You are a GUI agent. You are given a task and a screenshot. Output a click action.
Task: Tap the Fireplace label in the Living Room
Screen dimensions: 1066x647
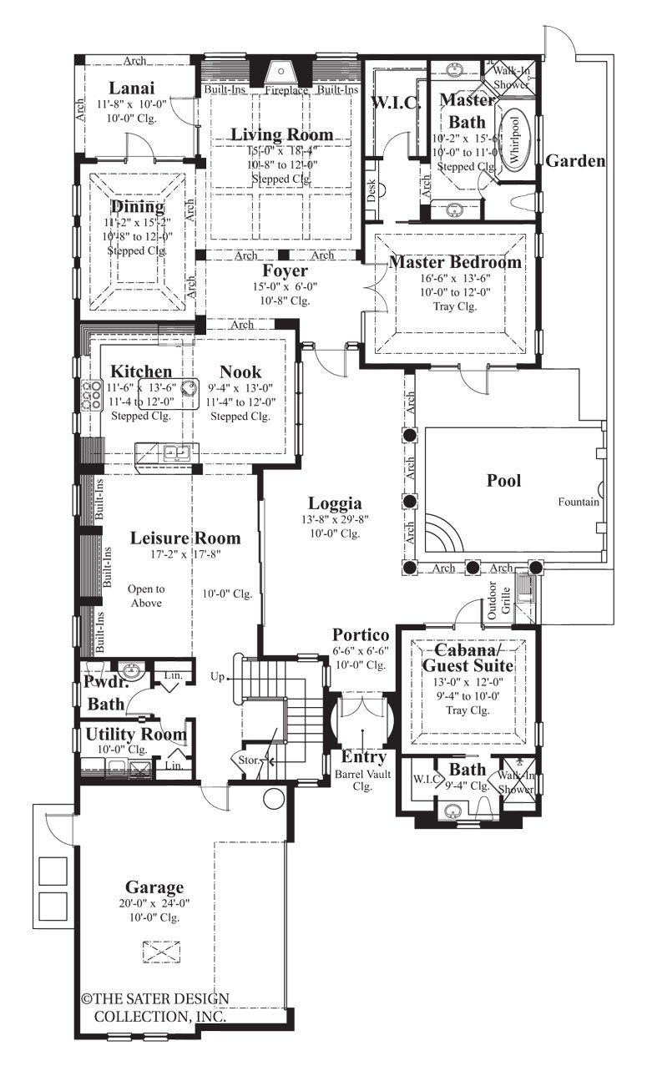[286, 90]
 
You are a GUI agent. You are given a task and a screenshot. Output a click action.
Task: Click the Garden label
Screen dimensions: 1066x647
[575, 161]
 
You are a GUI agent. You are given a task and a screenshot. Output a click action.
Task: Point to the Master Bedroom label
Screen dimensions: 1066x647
[455, 262]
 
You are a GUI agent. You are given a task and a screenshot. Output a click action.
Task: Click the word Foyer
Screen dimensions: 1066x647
[285, 271]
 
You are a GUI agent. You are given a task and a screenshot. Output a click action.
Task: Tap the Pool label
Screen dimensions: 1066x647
[503, 481]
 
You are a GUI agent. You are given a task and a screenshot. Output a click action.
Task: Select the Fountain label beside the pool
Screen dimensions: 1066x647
[579, 503]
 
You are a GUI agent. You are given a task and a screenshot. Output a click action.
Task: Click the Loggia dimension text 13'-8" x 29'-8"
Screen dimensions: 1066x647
[334, 519]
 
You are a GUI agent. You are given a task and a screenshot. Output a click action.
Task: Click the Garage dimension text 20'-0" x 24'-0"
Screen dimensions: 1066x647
[154, 903]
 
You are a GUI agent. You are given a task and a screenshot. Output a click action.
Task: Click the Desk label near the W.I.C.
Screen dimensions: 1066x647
[371, 191]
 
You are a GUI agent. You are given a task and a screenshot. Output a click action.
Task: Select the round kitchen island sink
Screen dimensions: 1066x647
[189, 386]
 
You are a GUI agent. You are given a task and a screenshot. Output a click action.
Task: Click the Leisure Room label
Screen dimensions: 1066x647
[184, 538]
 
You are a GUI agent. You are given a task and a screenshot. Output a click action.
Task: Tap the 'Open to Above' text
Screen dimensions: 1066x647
[146, 596]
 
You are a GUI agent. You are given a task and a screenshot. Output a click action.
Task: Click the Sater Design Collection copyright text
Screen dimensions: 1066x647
[154, 1007]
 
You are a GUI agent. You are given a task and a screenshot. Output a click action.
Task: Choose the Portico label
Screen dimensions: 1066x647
[360, 636]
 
